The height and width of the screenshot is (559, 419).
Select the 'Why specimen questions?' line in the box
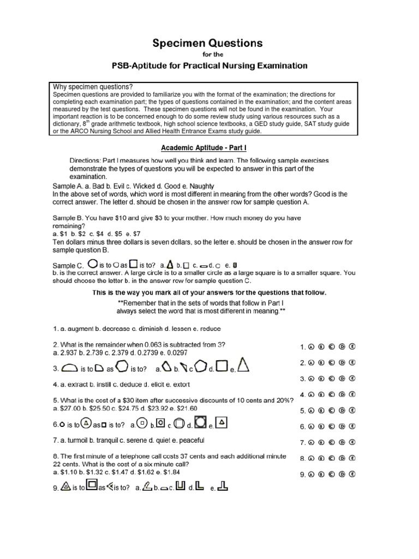tap(93, 87)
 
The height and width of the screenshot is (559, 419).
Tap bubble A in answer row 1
tap(312, 346)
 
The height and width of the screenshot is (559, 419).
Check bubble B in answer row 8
tap(322, 459)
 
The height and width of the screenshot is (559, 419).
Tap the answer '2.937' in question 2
tap(70, 354)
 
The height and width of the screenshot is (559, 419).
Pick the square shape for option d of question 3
tap(221, 367)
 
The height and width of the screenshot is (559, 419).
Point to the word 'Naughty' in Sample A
tap(201, 186)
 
